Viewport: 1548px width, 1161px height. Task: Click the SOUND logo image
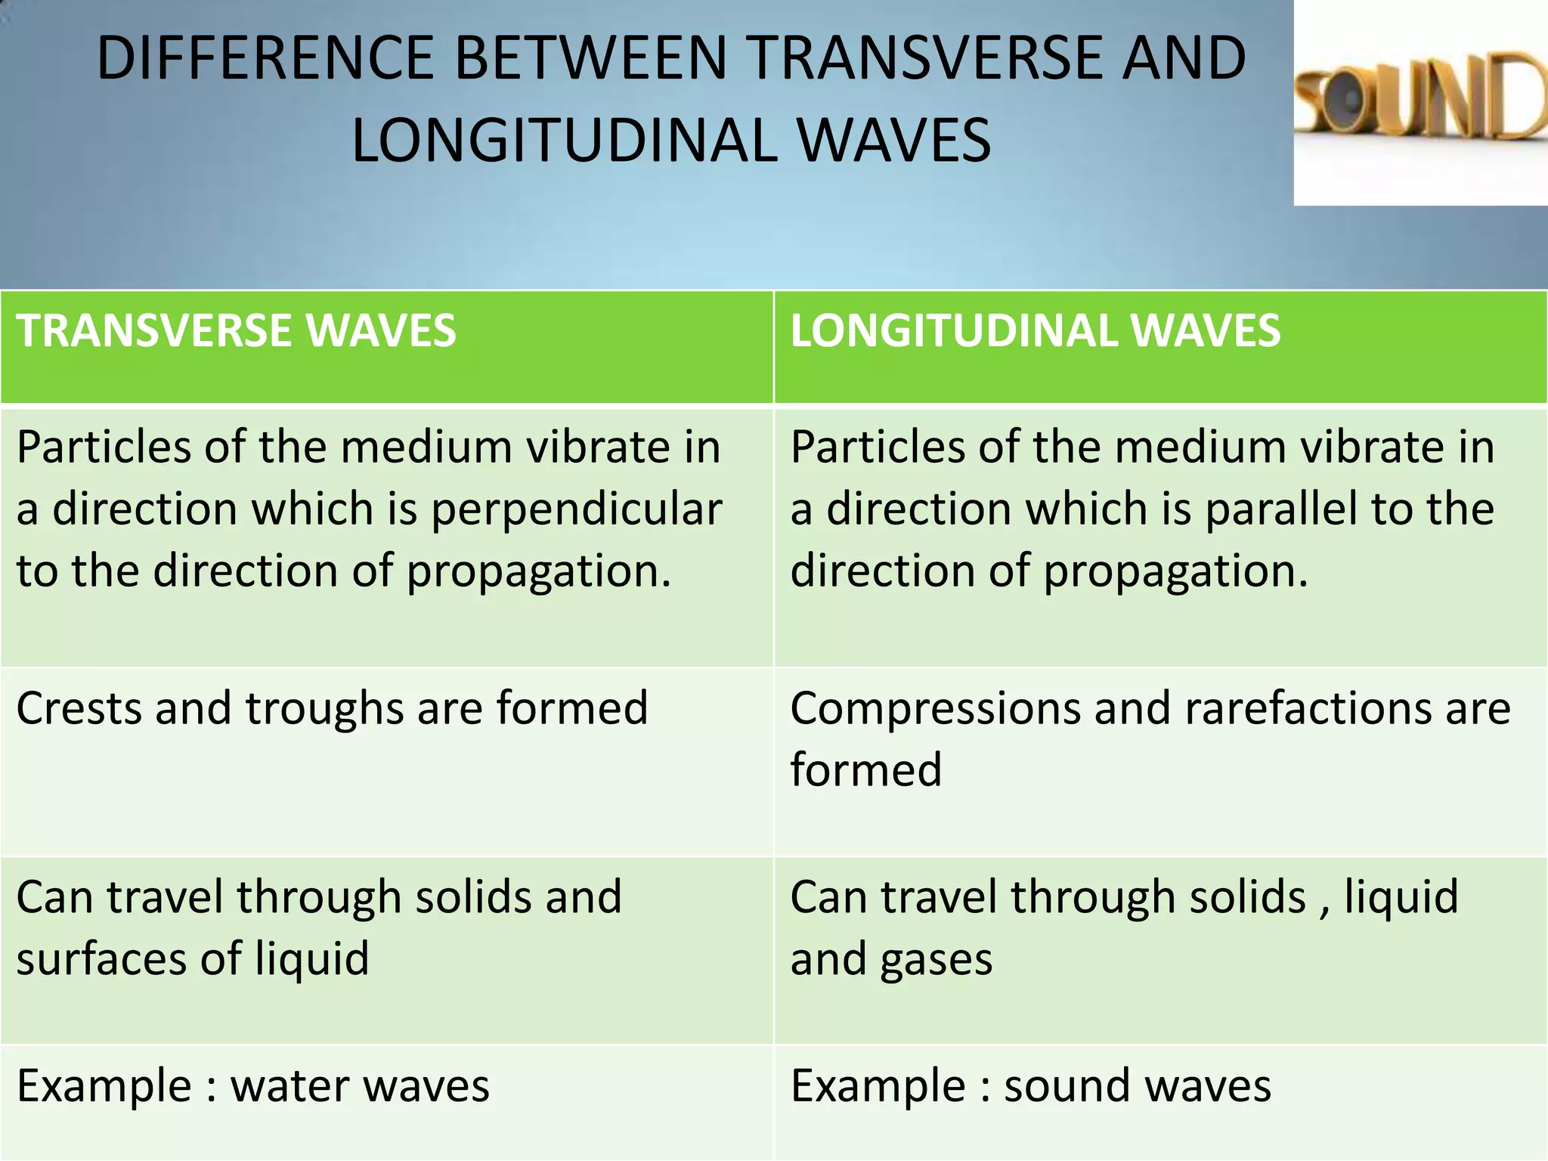(x=1420, y=102)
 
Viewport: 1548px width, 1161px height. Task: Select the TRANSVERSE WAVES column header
(x=236, y=331)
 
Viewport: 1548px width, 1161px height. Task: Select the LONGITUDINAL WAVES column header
(x=1036, y=331)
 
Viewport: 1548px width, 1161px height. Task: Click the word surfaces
(x=101, y=958)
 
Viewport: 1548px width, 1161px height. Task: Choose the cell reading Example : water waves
(x=253, y=1086)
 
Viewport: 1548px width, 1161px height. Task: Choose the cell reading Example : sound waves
(x=1031, y=1086)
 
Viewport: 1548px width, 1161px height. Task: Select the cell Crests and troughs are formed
(x=332, y=708)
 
